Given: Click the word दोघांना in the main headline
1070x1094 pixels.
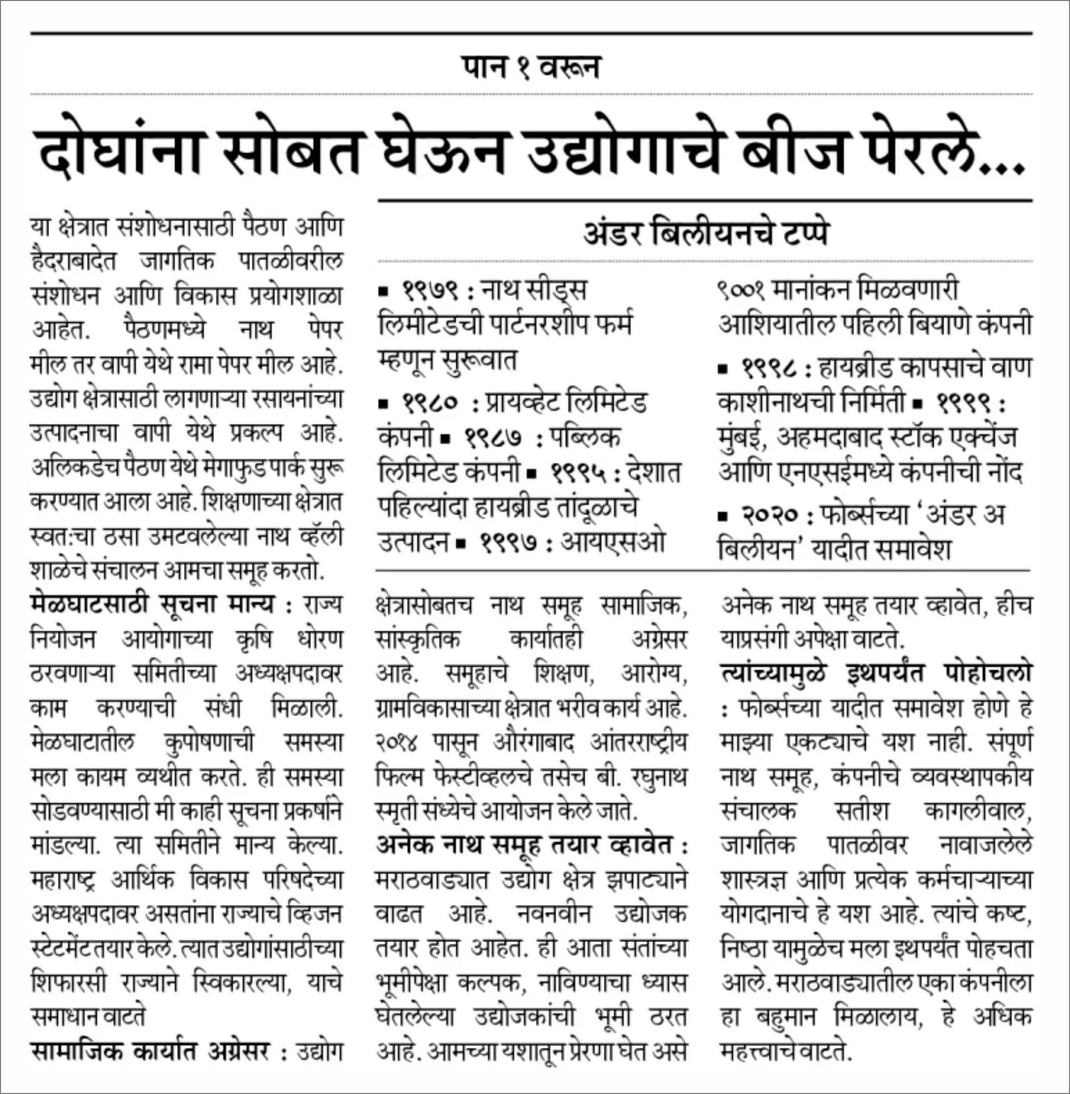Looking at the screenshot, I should pos(120,152).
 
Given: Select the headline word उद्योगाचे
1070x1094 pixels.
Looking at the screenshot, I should pos(622,152).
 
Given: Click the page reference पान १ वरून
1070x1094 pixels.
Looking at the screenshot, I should pos(531,67).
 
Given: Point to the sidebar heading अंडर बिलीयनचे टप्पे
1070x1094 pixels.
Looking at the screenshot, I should pos(705,233).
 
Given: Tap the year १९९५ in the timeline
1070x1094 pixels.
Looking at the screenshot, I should pos(579,473).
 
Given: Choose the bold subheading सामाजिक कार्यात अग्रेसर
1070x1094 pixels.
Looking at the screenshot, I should pos(150,1052).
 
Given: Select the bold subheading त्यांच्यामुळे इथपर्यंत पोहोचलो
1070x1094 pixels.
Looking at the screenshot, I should pos(875,673).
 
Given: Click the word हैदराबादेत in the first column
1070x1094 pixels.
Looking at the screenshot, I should pos(73,260).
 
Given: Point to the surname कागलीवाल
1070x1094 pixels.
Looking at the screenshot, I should pos(978,811).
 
